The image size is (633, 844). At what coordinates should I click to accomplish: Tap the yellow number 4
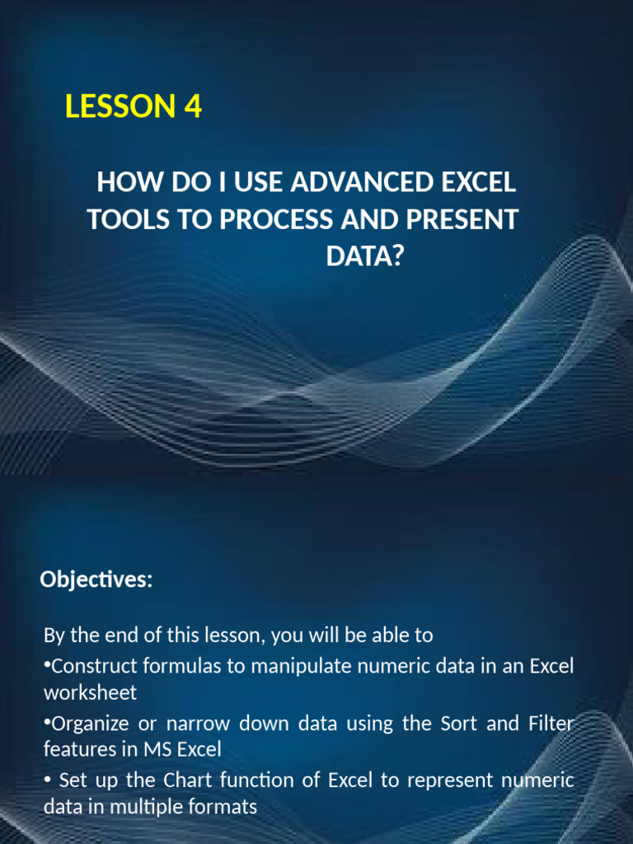(193, 107)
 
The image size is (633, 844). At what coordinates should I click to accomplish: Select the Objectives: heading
(96, 580)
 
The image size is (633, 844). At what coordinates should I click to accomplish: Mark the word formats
(225, 806)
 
